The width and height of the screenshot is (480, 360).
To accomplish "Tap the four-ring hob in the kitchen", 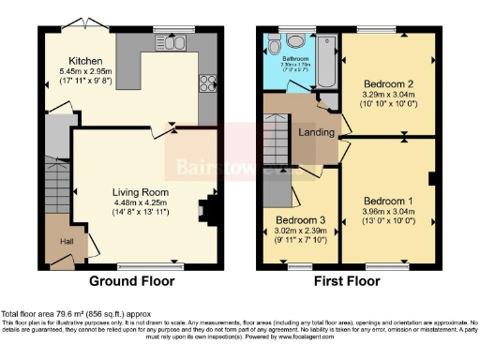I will (x=205, y=82).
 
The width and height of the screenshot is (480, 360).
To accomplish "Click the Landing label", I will (x=317, y=132).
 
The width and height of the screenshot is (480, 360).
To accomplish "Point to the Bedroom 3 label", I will (x=297, y=217).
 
